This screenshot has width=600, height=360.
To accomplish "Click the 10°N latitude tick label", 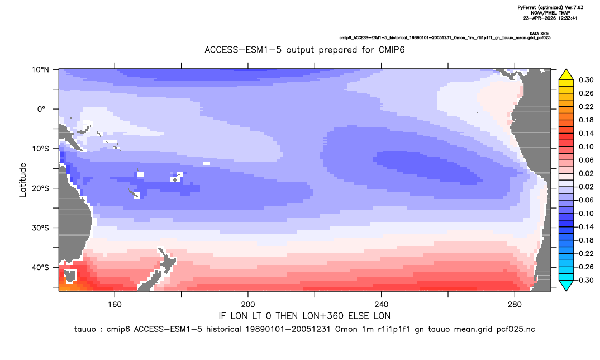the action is pyautogui.click(x=40, y=70).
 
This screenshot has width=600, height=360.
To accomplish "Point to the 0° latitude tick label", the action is pyautogui.click(x=42, y=109).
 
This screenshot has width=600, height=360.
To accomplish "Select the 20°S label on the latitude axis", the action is pyautogui.click(x=40, y=188).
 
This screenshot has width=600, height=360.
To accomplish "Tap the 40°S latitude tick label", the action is pyautogui.click(x=40, y=267).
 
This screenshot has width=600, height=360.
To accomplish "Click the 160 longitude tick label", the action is pyautogui.click(x=115, y=305).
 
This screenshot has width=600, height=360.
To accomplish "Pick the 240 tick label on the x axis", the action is pyautogui.click(x=381, y=305).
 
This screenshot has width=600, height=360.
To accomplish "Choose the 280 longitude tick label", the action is pyautogui.click(x=515, y=305).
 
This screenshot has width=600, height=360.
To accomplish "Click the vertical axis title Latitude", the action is pyautogui.click(x=23, y=180).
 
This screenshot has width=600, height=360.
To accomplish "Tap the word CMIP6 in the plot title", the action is pyautogui.click(x=392, y=50).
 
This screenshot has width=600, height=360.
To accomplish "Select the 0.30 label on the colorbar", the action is pyautogui.click(x=586, y=80).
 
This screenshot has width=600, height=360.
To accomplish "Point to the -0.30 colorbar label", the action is pyautogui.click(x=585, y=280).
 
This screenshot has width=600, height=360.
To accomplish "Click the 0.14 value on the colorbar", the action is pyautogui.click(x=586, y=133).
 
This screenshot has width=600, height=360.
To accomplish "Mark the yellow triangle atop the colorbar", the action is pyautogui.click(x=566, y=75).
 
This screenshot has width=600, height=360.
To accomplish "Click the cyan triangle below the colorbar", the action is pyautogui.click(x=566, y=285).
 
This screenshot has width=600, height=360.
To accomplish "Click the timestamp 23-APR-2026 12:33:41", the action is pyautogui.click(x=550, y=18).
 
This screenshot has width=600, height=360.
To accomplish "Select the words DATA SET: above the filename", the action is pyautogui.click(x=539, y=34).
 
